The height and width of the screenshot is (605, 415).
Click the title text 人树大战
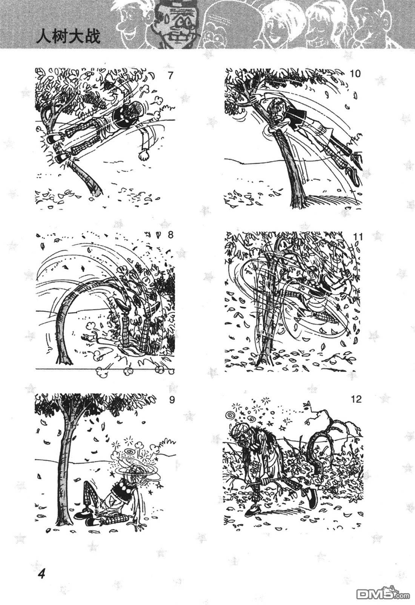[x=68, y=36]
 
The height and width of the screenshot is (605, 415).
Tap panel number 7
[x=170, y=75]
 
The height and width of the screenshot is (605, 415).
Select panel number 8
[x=170, y=235]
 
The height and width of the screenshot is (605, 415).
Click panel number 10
[x=355, y=73]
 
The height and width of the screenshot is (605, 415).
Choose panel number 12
[x=356, y=399]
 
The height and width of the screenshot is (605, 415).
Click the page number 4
[x=42, y=573]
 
